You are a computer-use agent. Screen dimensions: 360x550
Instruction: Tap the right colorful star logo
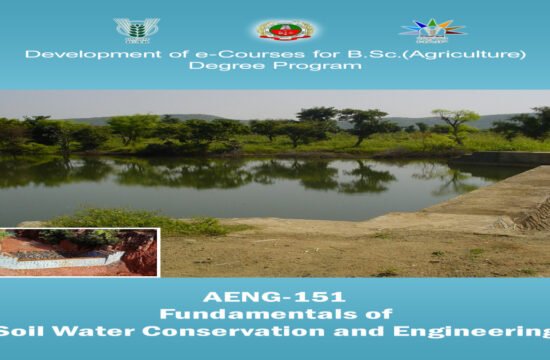432,28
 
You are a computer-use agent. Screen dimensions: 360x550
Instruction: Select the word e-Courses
186,53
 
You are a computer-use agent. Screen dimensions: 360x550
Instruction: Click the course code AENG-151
274,297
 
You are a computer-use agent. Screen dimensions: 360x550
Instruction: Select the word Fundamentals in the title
249,314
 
